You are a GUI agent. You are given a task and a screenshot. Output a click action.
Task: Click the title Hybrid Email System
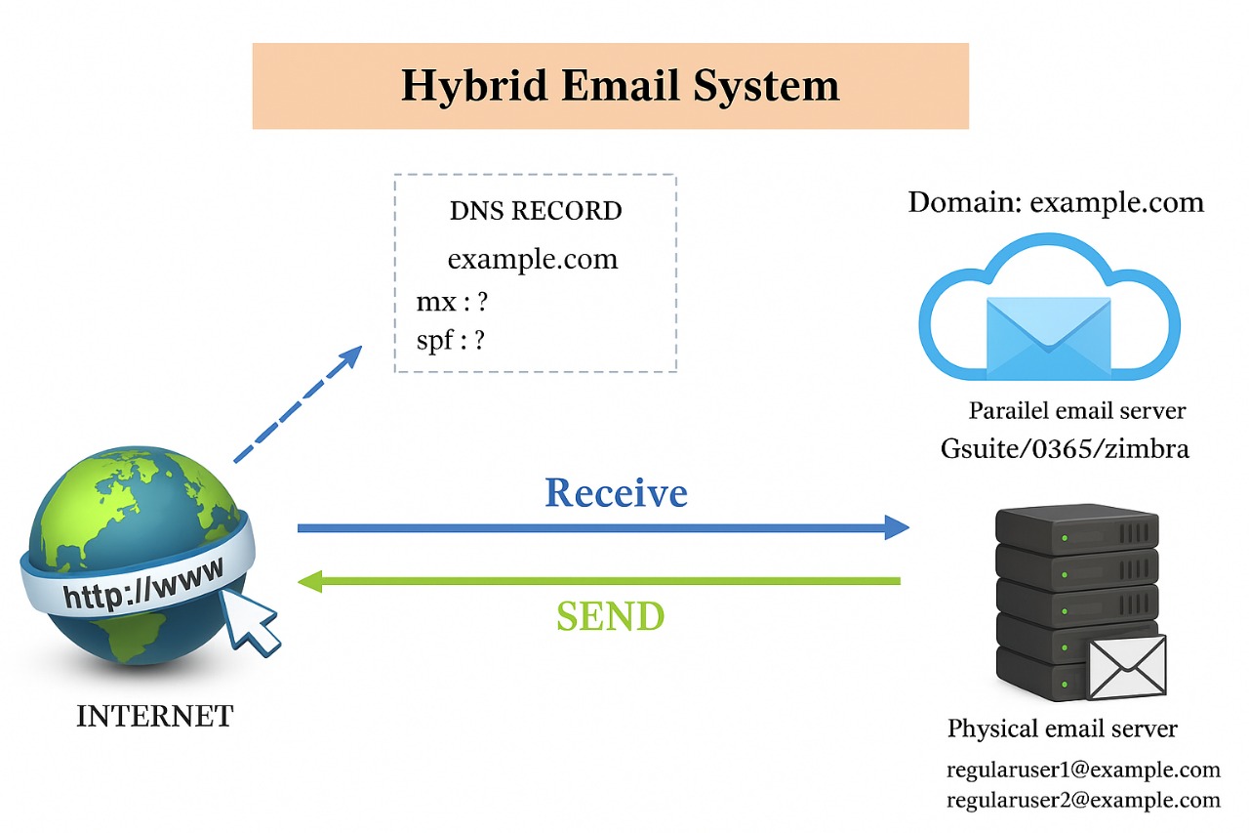(x=620, y=86)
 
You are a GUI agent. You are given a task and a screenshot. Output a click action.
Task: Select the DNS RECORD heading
(x=536, y=211)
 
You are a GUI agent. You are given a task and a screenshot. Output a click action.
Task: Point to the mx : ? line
(x=452, y=302)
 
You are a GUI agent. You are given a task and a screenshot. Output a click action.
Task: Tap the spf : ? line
(x=451, y=341)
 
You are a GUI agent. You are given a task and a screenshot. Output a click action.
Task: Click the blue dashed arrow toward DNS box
(x=298, y=404)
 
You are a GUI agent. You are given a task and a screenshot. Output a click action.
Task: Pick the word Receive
(x=616, y=493)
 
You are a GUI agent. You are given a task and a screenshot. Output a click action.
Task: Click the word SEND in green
(x=610, y=616)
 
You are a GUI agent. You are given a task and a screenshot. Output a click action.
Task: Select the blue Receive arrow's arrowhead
(x=895, y=528)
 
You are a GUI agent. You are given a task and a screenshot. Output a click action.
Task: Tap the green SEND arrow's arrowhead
(x=311, y=582)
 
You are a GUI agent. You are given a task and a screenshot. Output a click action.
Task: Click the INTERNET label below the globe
(x=155, y=716)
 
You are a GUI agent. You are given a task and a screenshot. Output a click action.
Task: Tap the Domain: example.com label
(x=1056, y=202)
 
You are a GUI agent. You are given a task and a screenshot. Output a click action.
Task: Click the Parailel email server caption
(x=1077, y=410)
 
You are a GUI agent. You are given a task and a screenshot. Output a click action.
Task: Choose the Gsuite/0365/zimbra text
(x=1065, y=448)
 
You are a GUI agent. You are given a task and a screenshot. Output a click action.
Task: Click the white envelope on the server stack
(x=1127, y=667)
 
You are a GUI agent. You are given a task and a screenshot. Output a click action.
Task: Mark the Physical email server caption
(x=1063, y=729)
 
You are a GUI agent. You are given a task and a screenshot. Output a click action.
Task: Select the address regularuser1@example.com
(x=1083, y=770)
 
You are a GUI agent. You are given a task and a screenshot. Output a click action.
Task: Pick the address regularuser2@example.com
(x=1083, y=801)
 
